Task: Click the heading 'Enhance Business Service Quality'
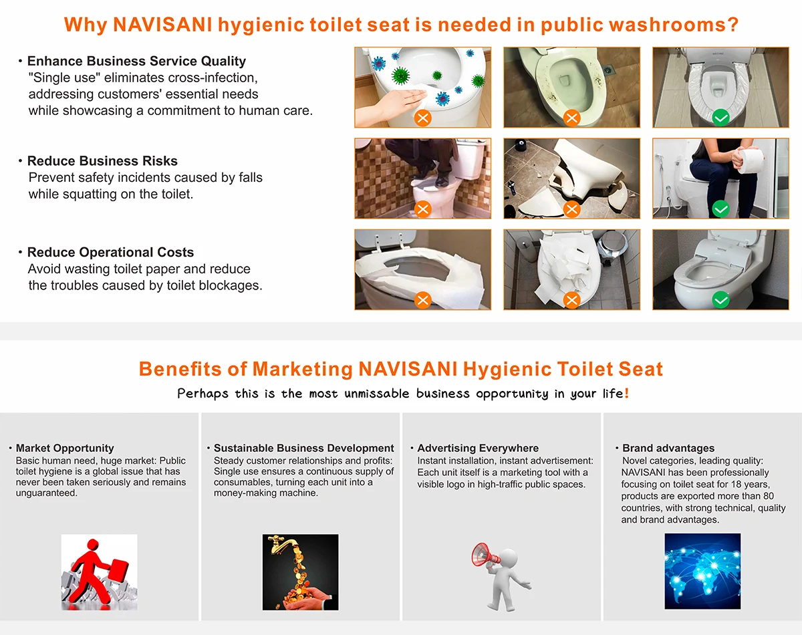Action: tap(136, 61)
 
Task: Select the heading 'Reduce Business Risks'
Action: tap(102, 161)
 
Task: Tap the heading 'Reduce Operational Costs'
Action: tap(110, 253)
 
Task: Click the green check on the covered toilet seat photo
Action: tap(720, 118)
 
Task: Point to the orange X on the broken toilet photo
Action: tap(571, 209)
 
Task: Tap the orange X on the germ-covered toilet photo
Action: tap(422, 118)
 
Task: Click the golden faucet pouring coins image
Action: tap(300, 571)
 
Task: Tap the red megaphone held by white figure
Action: tap(484, 555)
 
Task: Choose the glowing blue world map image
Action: tap(702, 571)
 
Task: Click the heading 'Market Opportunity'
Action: tap(65, 449)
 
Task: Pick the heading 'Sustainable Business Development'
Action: tap(303, 449)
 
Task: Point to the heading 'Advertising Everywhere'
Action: tap(478, 449)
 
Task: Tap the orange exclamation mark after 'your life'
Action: tap(626, 393)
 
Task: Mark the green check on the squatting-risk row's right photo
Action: tap(720, 209)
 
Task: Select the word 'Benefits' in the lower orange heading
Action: tap(178, 369)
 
